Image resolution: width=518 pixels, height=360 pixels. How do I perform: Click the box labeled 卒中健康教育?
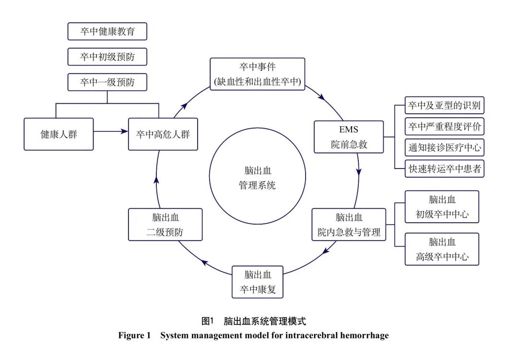[107, 32]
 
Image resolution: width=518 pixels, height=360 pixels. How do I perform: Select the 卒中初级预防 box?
[107, 57]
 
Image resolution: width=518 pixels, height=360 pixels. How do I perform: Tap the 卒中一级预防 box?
[107, 82]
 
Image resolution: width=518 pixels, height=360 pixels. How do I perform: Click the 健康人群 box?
[59, 134]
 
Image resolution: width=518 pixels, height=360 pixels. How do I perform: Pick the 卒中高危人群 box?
[163, 134]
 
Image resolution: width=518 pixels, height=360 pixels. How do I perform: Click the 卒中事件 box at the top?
[258, 74]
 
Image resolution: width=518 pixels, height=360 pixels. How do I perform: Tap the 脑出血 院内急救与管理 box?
[349, 224]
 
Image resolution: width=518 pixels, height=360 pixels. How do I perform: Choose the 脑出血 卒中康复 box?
[258, 282]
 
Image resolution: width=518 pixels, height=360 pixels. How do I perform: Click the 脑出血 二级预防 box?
[165, 224]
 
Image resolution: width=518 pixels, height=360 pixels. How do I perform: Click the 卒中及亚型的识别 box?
[444, 105]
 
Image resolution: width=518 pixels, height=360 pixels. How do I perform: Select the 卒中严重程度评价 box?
[444, 126]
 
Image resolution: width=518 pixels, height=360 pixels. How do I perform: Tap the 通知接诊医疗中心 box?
[444, 147]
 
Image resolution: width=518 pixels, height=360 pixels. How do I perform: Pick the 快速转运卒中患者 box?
[444, 168]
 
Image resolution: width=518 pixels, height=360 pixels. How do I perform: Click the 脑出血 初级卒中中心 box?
[442, 206]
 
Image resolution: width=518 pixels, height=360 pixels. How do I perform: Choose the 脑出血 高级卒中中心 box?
[442, 249]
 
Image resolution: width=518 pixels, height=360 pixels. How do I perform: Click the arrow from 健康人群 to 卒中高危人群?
[111, 130]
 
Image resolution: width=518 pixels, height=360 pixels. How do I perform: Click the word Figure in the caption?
[131, 336]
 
